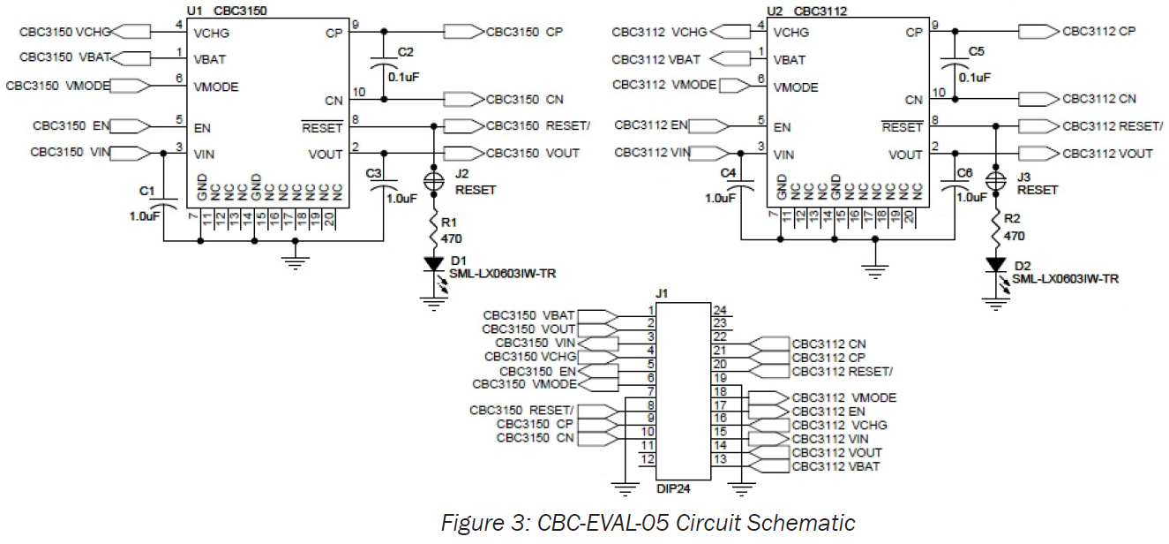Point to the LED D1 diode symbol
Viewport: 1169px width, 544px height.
434,263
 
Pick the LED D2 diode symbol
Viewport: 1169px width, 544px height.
996,264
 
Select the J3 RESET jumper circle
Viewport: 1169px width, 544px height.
996,178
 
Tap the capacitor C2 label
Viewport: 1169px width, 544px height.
405,52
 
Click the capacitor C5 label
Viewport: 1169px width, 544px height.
976,52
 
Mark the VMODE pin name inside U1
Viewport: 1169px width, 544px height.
216,87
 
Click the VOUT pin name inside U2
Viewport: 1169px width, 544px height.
905,155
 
